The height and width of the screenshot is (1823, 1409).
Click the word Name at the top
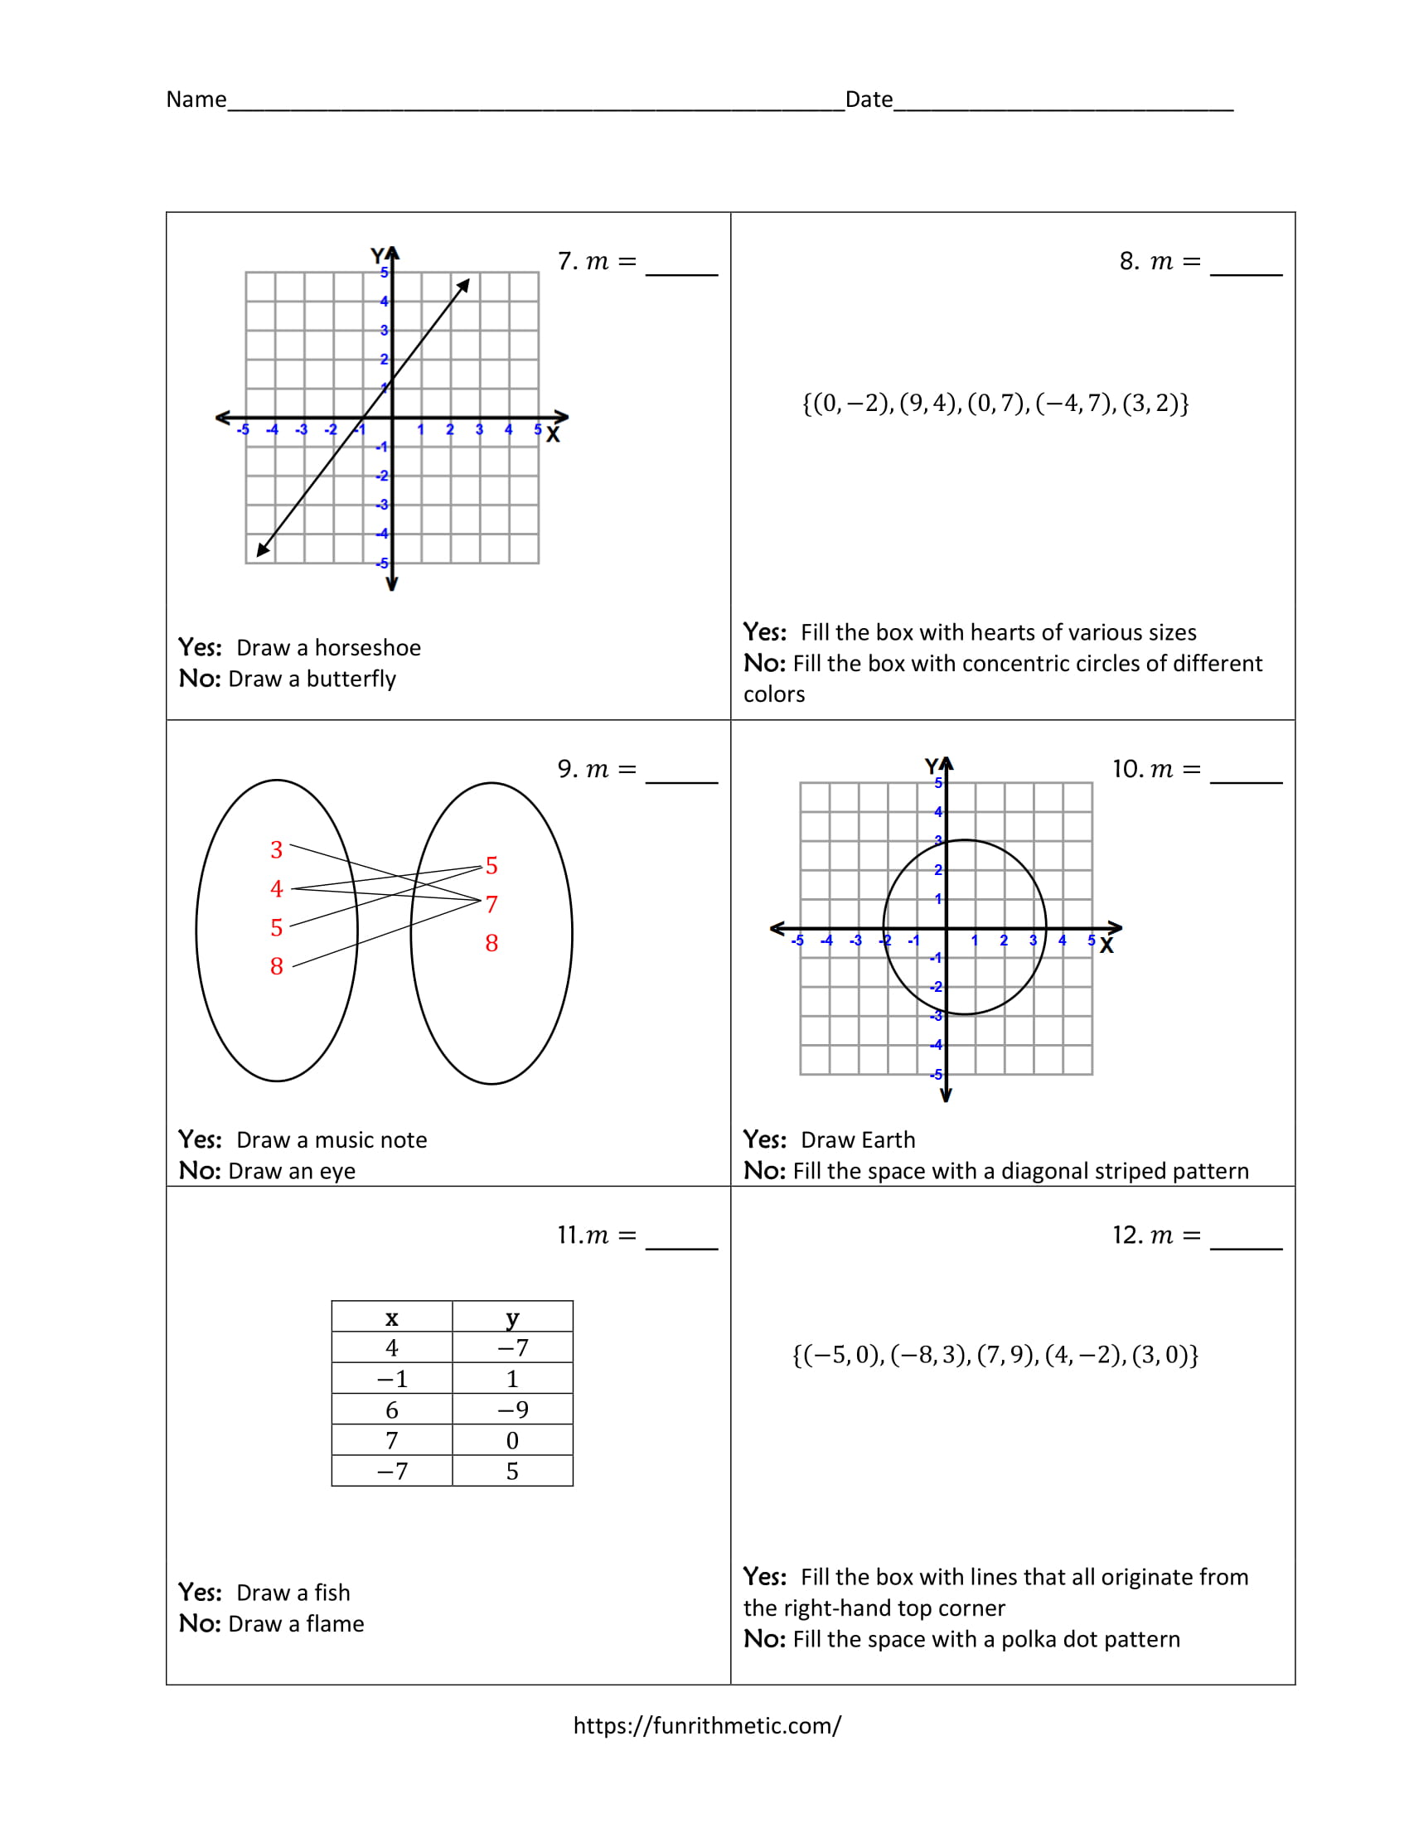(196, 99)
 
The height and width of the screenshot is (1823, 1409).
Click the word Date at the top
(869, 99)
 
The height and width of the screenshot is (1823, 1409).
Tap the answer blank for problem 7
(681, 265)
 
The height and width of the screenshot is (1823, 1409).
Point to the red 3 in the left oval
(276, 849)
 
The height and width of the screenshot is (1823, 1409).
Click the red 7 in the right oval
(491, 904)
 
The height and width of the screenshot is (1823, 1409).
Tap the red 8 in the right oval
(491, 943)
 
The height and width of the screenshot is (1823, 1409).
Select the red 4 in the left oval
(276, 889)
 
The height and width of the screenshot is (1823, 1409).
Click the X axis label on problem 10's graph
(1106, 945)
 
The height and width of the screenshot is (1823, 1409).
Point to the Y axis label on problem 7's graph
(377, 255)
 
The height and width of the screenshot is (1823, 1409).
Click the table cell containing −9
(512, 1410)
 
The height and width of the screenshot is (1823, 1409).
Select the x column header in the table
(391, 1318)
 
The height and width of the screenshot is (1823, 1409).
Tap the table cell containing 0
(512, 1441)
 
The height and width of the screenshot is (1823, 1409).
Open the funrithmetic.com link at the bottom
(707, 1725)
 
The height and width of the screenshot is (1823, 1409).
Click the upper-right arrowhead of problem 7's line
(464, 286)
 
